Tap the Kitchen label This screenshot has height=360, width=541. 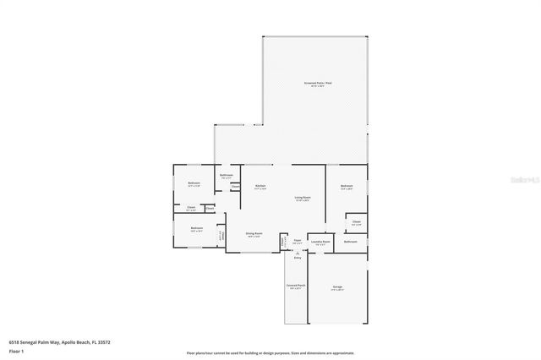[x=260, y=186]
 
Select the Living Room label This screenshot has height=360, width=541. [x=302, y=198]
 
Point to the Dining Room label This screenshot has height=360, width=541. [x=254, y=234]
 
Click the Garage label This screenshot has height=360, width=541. [x=337, y=286]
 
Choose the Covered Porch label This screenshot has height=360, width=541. [x=296, y=286]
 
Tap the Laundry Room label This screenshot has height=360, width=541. [x=320, y=242]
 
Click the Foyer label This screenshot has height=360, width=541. [x=298, y=242]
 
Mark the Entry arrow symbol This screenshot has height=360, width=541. [x=297, y=252]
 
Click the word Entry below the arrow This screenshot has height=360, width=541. [x=297, y=258]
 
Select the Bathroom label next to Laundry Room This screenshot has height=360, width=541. [x=350, y=242]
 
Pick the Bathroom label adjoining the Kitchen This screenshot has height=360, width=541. [x=227, y=176]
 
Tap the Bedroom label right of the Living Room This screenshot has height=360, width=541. [x=346, y=186]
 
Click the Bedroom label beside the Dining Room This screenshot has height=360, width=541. [x=196, y=227]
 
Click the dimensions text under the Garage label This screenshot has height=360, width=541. [x=337, y=290]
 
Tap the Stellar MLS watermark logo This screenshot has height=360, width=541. [x=524, y=179]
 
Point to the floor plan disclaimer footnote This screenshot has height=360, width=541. [x=270, y=352]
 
